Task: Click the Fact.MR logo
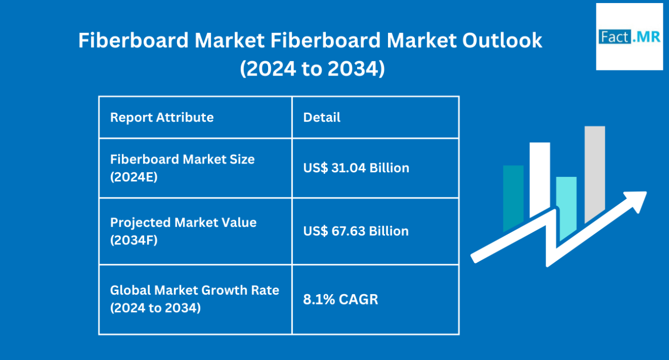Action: click(629, 37)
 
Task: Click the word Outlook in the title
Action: click(502, 40)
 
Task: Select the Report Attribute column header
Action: click(162, 117)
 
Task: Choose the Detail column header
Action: click(322, 117)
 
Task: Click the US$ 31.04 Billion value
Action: click(356, 168)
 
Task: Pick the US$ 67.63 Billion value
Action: click(356, 231)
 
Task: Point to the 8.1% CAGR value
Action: click(341, 299)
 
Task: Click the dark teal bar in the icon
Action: click(513, 197)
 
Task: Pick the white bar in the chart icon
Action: click(540, 179)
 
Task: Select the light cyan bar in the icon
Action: click(566, 207)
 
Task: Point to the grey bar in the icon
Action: click(594, 173)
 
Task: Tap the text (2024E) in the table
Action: click(134, 177)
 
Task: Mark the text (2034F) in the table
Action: click(134, 240)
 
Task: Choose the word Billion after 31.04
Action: click(390, 168)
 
